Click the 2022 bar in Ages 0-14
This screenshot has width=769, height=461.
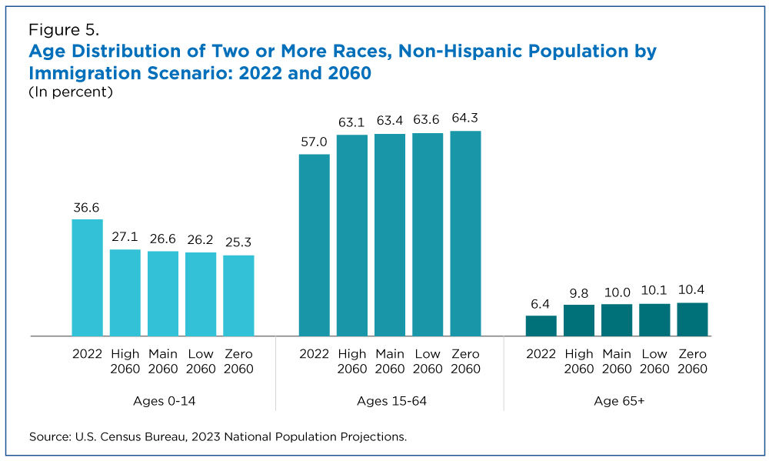coord(87,278)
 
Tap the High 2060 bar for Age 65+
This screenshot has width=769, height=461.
coord(579,320)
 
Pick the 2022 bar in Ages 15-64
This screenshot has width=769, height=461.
coord(314,245)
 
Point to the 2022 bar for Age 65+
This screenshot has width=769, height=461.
coord(541,326)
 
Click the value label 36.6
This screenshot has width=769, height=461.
coord(87,208)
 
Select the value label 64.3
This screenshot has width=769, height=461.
coord(465,119)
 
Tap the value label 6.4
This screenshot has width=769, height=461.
coord(541,304)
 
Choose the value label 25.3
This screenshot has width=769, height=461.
coord(238,243)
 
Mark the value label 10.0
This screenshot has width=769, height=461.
coord(617,292)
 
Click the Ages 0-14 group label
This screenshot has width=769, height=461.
coord(163,401)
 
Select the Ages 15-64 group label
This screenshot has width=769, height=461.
coord(391,401)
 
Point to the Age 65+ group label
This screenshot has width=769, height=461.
coord(617,401)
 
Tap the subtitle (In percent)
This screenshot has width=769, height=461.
coord(71,92)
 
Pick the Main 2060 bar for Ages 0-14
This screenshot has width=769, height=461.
coord(163,293)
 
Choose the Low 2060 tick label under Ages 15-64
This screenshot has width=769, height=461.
coord(428,361)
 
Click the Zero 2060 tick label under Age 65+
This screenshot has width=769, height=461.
coord(692,361)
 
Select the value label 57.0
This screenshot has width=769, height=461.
coord(314,142)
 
